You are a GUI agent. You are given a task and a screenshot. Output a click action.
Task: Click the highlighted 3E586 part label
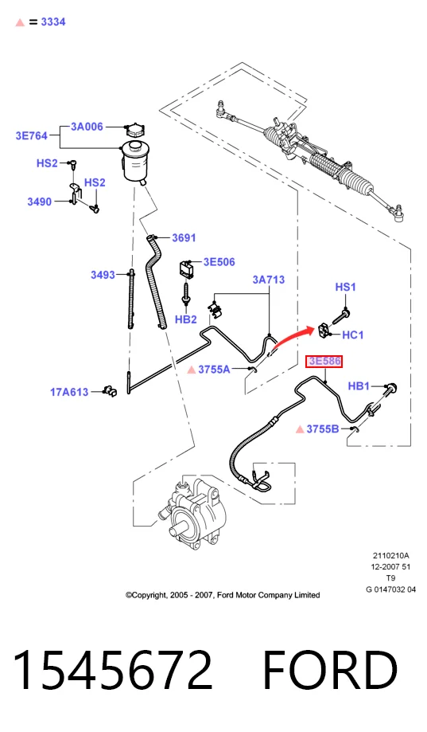coord(324,362)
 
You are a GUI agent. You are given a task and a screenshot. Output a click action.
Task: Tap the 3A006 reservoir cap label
coord(87,127)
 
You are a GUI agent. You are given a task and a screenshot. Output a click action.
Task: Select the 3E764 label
coord(32,136)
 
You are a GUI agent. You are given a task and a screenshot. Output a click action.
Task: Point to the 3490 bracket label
coord(40,202)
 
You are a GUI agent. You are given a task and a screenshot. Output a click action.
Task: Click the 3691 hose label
coord(184,237)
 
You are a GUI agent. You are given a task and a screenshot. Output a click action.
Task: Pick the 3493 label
coord(103,275)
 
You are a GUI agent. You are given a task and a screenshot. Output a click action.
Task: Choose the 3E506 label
coord(219,262)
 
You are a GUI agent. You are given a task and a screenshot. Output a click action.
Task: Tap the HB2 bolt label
coord(186,319)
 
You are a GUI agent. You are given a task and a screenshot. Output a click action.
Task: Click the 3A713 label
coord(269,280)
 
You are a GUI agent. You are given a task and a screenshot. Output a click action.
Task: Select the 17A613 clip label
coord(69,392)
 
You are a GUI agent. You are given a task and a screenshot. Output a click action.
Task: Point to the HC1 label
coord(353,335)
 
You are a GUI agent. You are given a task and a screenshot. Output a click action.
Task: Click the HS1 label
coord(345,287)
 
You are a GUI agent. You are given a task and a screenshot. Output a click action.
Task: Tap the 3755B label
coord(323,429)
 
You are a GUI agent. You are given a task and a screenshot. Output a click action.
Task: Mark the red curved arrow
coord(293,337)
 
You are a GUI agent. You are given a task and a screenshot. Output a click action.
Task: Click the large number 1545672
coord(112,669)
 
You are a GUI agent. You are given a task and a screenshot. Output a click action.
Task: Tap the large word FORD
coord(330,669)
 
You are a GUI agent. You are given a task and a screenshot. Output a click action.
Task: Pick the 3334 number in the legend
coord(53,22)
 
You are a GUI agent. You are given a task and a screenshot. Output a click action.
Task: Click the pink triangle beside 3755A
coord(191,370)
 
